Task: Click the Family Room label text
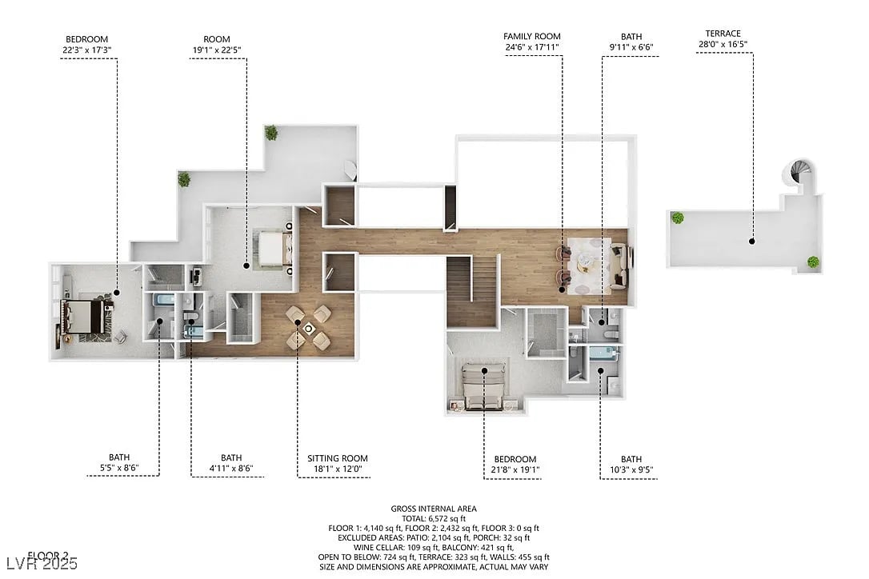[531, 36]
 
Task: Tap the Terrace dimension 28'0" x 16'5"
[723, 44]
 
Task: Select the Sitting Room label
[337, 458]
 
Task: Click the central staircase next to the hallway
[471, 292]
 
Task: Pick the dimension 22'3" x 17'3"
[86, 50]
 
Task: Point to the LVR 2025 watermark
[40, 564]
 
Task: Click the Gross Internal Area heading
[434, 508]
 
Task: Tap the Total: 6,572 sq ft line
[434, 518]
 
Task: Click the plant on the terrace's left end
[678, 217]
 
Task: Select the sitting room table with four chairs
[309, 327]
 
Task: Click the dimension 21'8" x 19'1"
[514, 469]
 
